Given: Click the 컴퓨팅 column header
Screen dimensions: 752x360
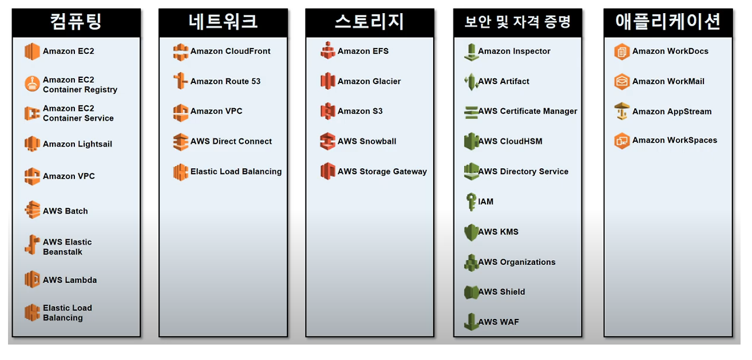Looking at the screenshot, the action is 76,22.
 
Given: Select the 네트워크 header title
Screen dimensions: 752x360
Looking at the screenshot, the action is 223,22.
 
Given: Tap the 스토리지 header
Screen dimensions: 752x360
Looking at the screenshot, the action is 369,22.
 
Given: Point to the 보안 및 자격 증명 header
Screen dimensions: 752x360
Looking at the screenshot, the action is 517,23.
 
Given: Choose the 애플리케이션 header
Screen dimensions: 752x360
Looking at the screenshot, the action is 667,22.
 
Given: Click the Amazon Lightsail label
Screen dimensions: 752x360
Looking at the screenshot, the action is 77,144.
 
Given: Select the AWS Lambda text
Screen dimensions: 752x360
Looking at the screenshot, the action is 70,280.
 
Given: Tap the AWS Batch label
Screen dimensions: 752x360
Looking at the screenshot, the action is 65,211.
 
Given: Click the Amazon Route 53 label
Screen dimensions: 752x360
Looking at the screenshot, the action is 225,81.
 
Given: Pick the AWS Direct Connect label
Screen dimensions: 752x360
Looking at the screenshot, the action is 231,141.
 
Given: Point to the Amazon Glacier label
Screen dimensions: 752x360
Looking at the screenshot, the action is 369,81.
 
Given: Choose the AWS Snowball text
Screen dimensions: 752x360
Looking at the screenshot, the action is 367,141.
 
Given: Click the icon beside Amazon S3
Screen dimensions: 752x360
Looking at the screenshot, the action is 327,111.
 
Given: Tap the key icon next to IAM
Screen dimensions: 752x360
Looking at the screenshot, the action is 471,201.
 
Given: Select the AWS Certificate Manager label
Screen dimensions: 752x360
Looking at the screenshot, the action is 528,111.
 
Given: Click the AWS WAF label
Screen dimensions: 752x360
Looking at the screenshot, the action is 498,322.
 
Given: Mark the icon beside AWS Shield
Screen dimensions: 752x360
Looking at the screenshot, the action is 471,292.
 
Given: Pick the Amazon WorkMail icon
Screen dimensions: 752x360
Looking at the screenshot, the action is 622,81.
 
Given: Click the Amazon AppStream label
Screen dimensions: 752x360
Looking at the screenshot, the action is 672,112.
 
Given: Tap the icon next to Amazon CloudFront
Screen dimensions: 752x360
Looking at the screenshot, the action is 181,52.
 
